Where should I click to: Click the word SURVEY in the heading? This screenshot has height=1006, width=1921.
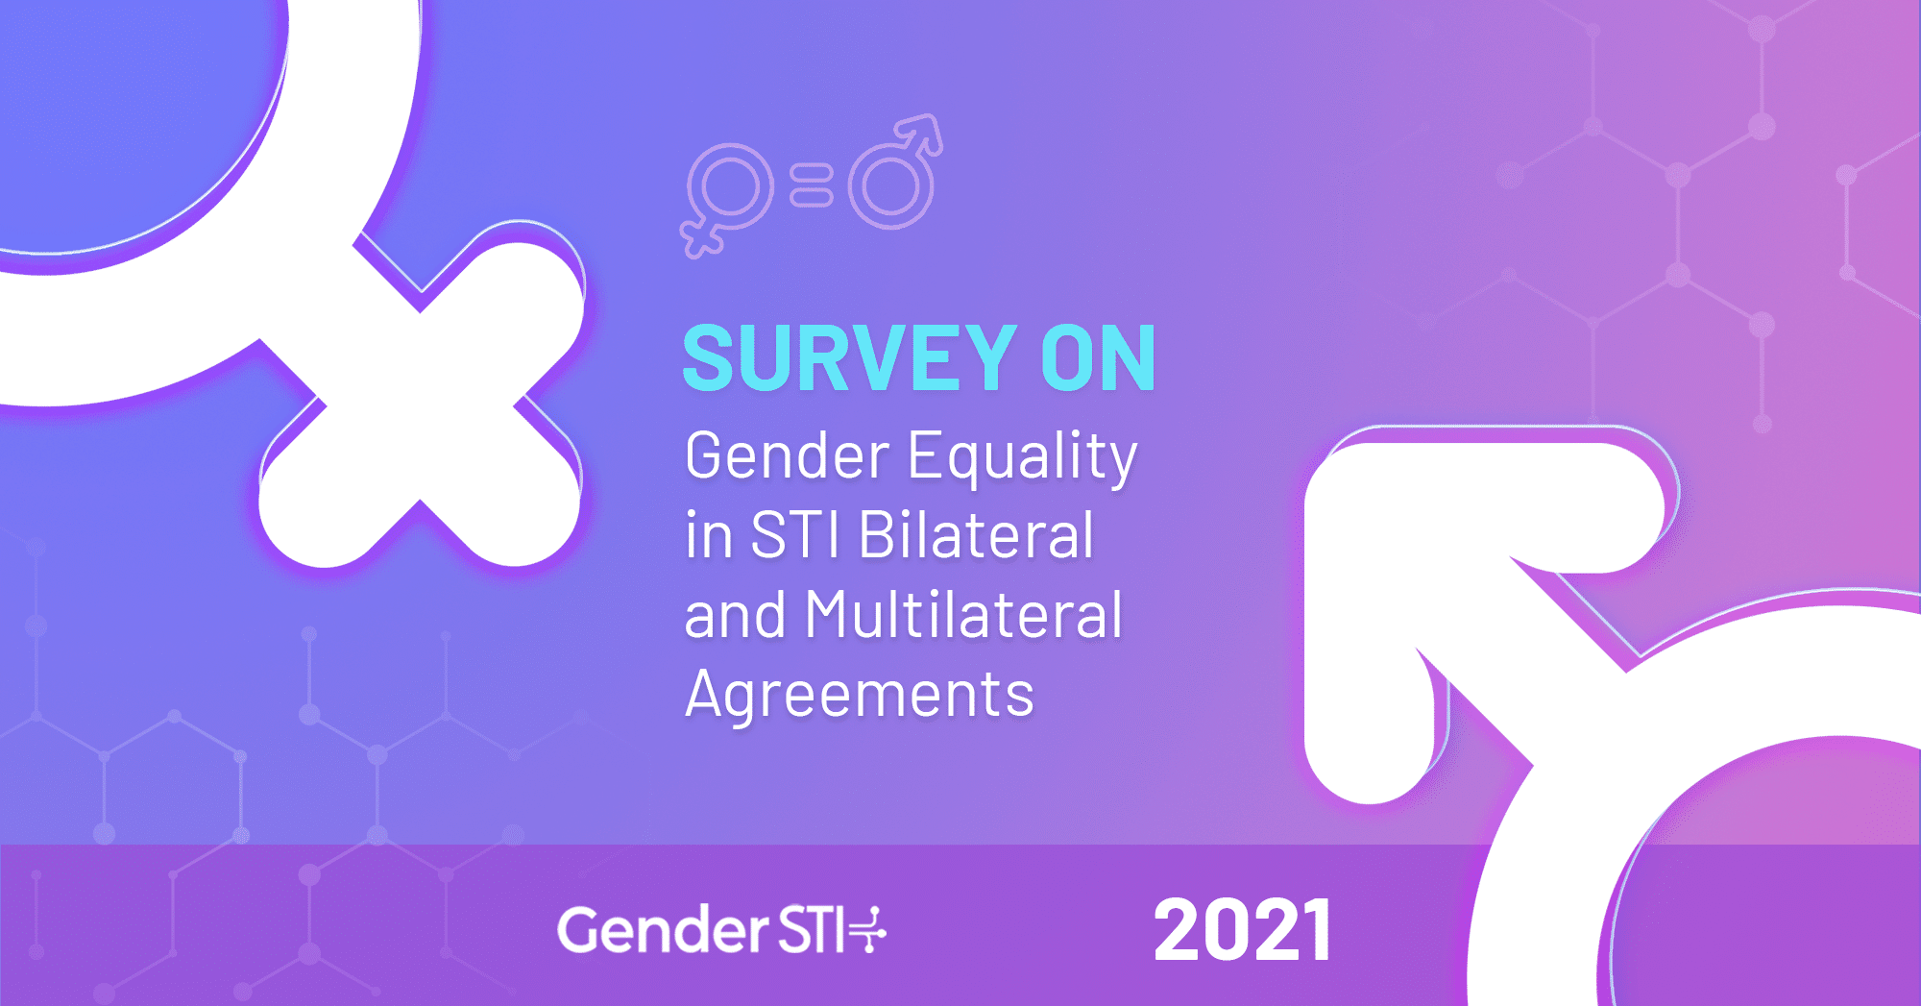(x=850, y=357)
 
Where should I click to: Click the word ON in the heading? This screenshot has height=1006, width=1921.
(x=1099, y=357)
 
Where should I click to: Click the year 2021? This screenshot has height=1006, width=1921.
(x=1243, y=930)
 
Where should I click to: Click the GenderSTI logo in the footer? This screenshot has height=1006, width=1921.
(x=721, y=929)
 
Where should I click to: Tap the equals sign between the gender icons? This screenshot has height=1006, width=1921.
(x=812, y=185)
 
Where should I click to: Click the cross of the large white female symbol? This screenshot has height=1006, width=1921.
(x=421, y=404)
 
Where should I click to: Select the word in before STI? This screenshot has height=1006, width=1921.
(x=708, y=535)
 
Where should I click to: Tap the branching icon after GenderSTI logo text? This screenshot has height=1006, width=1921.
(x=869, y=929)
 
